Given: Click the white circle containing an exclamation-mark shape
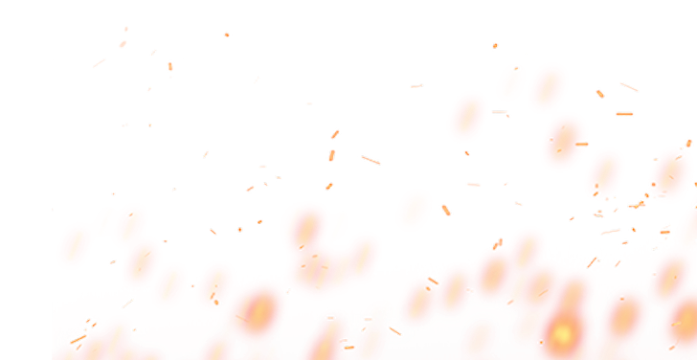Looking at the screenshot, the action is point(169,65).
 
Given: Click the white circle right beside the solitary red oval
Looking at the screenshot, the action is point(445,208).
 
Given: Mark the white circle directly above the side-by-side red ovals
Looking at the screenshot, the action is point(494,45).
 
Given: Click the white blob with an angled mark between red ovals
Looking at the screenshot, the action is point(502,113).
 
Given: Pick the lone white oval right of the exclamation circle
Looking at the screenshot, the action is point(227,35).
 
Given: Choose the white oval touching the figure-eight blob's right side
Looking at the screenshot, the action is point(369,158).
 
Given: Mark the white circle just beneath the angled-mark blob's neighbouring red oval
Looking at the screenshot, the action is point(467,151).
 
